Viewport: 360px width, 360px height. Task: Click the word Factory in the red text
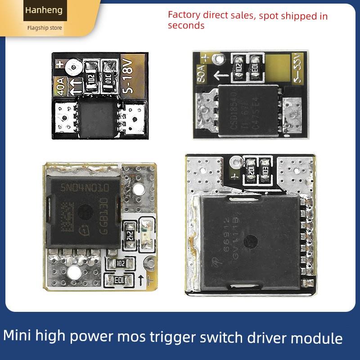(182, 14)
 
